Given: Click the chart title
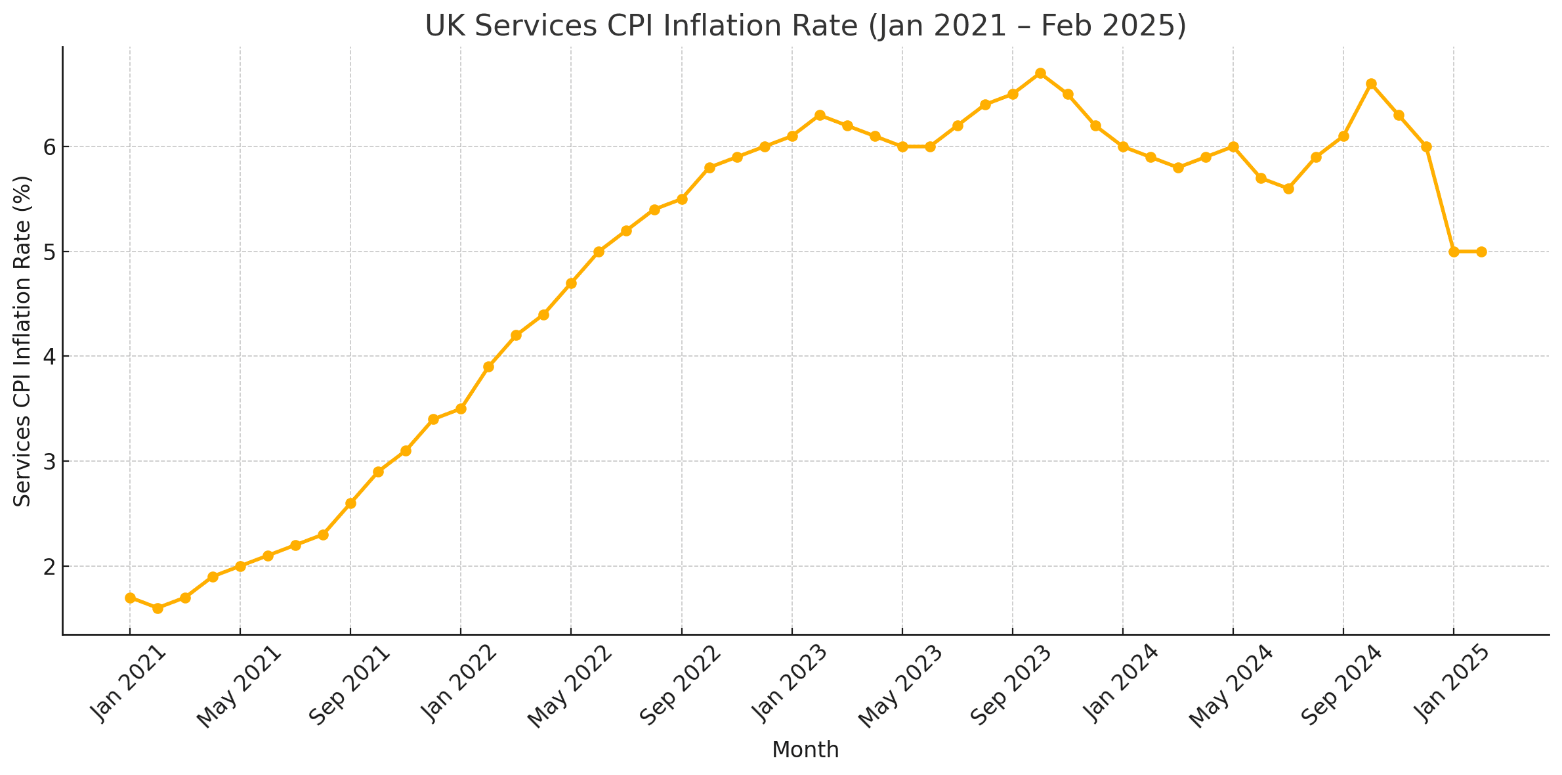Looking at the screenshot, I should (805, 26).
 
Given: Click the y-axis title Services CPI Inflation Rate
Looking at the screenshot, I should (23, 340).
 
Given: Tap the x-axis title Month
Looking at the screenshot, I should (805, 749).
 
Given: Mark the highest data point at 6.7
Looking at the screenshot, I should (1040, 73).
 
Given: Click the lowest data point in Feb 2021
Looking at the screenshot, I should (158, 608).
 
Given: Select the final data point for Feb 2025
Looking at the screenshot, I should (1481, 252).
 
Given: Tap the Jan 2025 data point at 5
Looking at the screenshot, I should (1454, 252).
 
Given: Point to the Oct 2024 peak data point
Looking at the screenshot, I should (1371, 83).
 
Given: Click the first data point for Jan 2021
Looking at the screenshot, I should (130, 598).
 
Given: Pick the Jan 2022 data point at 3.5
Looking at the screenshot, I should (461, 409).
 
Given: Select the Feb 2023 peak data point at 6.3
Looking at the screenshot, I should (820, 115).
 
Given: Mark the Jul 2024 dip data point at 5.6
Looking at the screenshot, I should (1288, 188).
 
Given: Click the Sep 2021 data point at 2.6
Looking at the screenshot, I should (350, 503).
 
